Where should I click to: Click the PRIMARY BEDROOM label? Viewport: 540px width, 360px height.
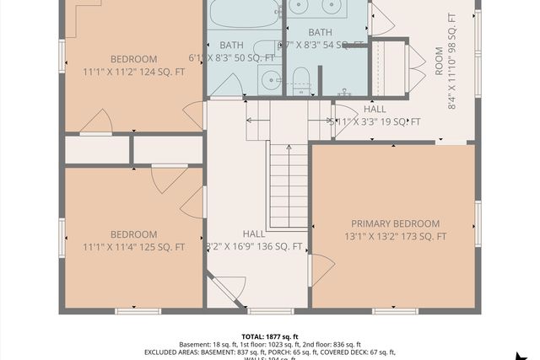395,223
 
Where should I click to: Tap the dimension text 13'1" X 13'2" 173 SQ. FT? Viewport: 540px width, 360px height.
395,237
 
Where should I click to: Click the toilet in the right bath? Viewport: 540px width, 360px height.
301,81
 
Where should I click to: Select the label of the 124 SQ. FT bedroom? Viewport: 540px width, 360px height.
133,59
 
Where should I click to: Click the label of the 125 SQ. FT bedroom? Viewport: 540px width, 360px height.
133,234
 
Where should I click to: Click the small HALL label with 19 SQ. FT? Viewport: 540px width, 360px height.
375,110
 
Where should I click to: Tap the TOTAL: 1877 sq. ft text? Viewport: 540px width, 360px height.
269,335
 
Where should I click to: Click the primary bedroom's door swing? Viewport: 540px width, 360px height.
321,270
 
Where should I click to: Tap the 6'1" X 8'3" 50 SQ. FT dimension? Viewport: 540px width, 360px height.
247,57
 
